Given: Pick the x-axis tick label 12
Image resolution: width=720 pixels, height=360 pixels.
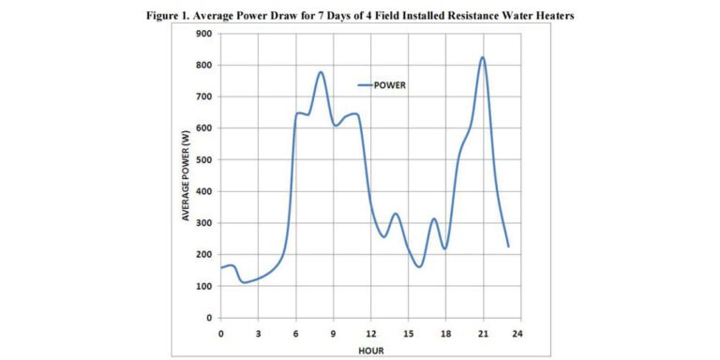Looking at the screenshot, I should coord(370,332).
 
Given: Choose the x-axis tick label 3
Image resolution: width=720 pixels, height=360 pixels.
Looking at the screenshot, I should coord(259,332).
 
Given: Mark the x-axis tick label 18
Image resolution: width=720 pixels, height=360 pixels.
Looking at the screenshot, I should coord(445,332).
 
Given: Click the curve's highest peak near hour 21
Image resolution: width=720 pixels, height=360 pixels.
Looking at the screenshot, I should coord(483,57).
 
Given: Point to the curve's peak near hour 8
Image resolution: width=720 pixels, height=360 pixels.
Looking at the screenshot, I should coord(321,72).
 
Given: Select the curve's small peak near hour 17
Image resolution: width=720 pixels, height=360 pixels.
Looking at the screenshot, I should coord(434,218).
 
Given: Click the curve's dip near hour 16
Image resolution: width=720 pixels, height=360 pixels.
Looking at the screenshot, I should coord(420,266).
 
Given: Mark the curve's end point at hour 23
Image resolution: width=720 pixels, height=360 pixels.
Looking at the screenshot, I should coord(508,247).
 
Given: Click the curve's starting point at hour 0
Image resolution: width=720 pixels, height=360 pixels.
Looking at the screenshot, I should coord(221,268).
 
